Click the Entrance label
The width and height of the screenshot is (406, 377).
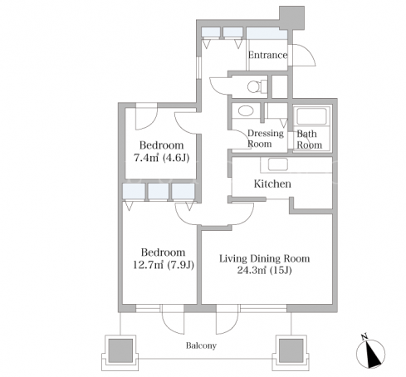[267, 55]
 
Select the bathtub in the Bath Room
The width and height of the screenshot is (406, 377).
[311, 116]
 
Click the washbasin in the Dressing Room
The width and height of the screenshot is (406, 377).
[246, 111]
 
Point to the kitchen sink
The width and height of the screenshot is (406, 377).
[278, 164]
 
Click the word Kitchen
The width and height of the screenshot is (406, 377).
[272, 184]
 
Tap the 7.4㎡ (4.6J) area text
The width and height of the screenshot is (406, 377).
[162, 158]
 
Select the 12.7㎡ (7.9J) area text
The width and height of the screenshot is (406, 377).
[164, 265]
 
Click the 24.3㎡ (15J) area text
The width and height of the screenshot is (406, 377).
[264, 270]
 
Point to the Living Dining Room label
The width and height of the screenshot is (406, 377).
[265, 258]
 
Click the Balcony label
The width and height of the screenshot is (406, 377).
[201, 345]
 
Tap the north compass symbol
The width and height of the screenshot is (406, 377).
[370, 351]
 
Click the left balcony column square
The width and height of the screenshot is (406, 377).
[120, 350]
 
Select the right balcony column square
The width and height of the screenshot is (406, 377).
[291, 350]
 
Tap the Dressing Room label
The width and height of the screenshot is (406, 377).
[265, 139]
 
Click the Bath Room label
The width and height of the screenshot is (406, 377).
[309, 140]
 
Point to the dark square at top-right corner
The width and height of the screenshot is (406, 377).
[291, 17]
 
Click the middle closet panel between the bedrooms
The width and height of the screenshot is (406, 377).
[158, 191]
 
